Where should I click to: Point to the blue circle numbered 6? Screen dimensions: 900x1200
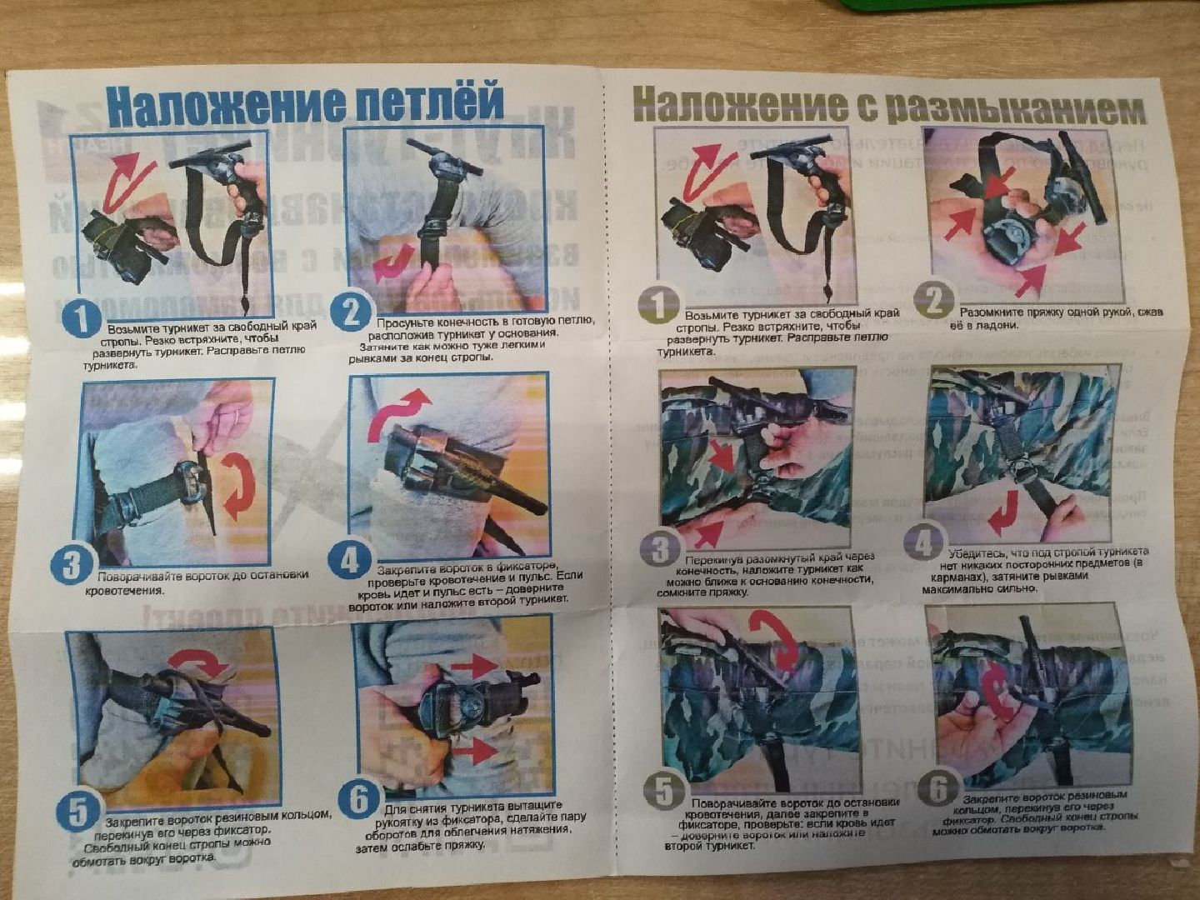click(x=360, y=800)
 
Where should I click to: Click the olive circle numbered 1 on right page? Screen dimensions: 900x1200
click(x=658, y=305)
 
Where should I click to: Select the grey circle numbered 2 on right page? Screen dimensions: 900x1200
click(x=934, y=300)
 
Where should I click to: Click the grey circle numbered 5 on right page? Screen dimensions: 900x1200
click(x=664, y=791)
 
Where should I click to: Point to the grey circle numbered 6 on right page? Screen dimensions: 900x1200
click(x=940, y=787)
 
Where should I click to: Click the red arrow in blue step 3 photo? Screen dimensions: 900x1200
click(x=242, y=487)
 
